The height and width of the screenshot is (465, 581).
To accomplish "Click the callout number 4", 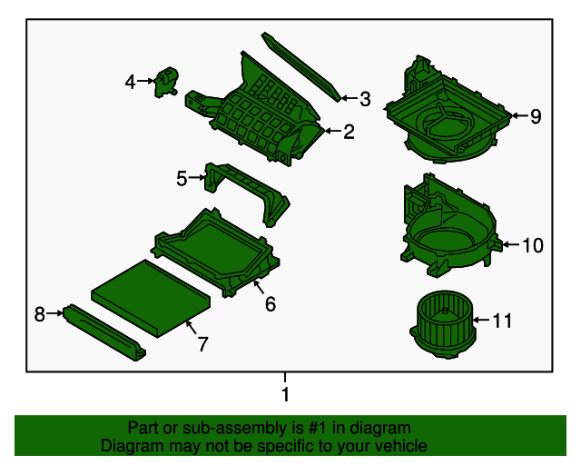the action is [130, 82].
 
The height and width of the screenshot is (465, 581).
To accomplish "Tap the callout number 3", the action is [365, 99].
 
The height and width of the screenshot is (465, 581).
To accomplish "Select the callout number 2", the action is [349, 132].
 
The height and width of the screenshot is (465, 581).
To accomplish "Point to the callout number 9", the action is [536, 116].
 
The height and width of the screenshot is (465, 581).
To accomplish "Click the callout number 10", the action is [533, 245].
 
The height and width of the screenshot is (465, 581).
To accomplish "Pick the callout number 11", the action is [502, 321].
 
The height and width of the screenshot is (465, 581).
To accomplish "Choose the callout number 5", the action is [182, 178].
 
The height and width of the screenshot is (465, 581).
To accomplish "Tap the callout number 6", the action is [271, 304].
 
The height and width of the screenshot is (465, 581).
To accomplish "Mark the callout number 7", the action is [202, 344].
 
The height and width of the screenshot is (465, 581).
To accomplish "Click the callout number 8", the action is [40, 314].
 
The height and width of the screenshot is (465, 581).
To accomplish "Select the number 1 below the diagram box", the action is [285, 394].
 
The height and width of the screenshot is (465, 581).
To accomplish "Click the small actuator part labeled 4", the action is [166, 82].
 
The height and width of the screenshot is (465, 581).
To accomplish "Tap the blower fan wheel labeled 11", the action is [443, 323].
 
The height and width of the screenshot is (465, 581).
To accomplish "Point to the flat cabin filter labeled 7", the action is [151, 299].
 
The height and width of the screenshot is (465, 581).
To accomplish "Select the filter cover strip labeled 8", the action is [104, 332].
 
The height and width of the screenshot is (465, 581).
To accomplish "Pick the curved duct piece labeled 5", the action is [247, 193].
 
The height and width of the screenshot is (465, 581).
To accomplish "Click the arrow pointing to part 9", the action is [520, 115].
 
